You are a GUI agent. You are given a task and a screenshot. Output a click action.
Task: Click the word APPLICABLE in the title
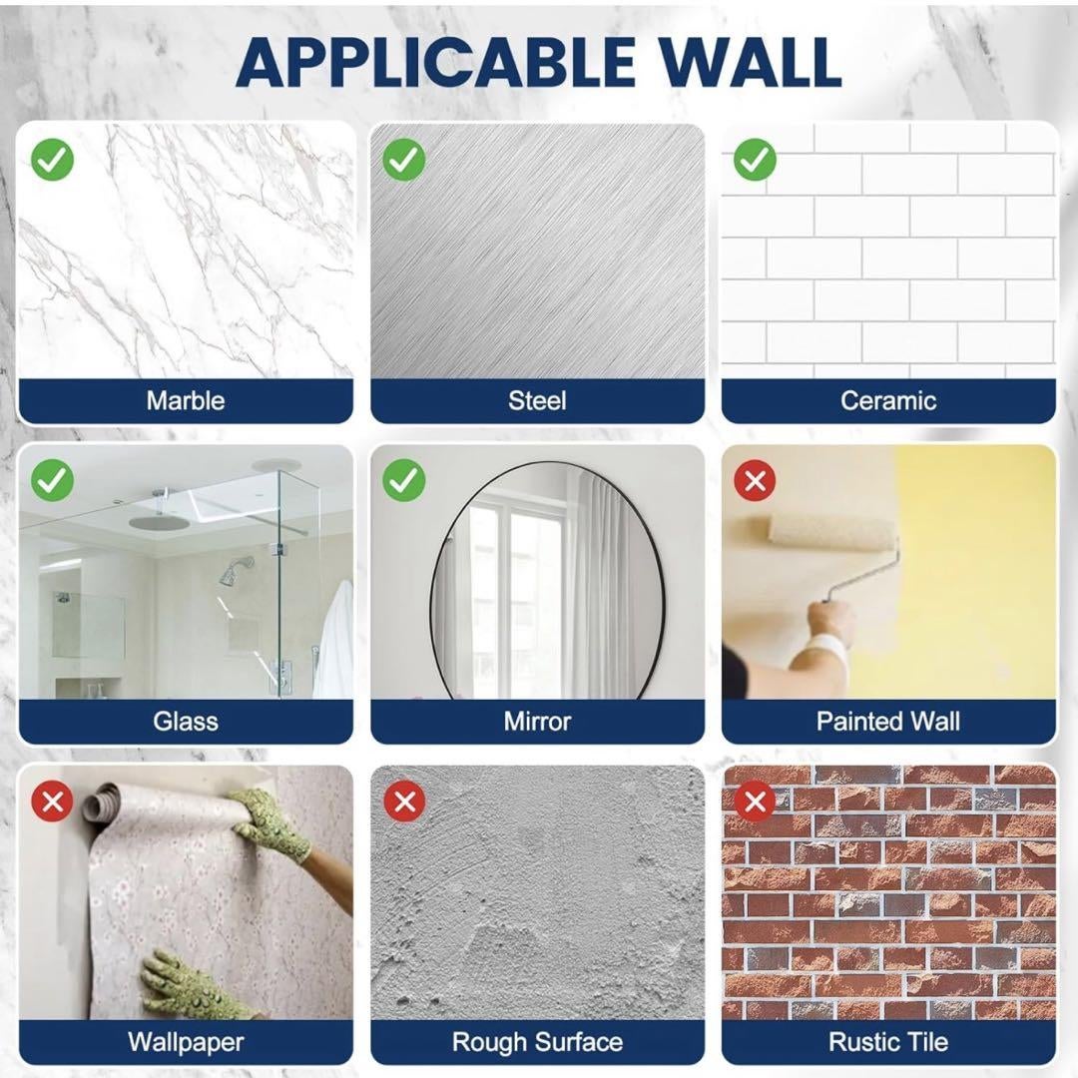(x=434, y=62)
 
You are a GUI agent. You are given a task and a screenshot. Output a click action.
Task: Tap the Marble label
(x=186, y=400)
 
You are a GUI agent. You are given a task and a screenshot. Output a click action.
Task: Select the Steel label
(x=537, y=400)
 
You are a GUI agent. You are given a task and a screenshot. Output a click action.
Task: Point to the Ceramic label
(x=888, y=400)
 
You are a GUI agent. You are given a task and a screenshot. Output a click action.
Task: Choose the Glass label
(x=186, y=722)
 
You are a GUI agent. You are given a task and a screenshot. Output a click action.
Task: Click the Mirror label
(x=537, y=722)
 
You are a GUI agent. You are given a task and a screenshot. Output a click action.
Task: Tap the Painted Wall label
(x=888, y=722)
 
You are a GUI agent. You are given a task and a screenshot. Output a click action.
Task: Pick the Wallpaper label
(x=186, y=1042)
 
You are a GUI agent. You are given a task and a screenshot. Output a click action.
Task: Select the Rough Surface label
(x=537, y=1042)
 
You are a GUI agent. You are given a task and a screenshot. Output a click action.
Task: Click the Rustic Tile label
(x=888, y=1042)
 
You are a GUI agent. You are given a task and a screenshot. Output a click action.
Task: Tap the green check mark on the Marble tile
(x=52, y=160)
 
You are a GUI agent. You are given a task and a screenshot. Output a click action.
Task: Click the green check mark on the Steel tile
(x=403, y=160)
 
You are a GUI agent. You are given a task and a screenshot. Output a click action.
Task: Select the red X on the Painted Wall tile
(x=755, y=480)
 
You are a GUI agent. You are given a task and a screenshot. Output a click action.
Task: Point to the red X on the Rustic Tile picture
(x=755, y=802)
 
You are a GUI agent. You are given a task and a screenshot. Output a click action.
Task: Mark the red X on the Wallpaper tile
(x=52, y=802)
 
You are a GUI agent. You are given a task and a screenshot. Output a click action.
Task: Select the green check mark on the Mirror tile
(x=403, y=480)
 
